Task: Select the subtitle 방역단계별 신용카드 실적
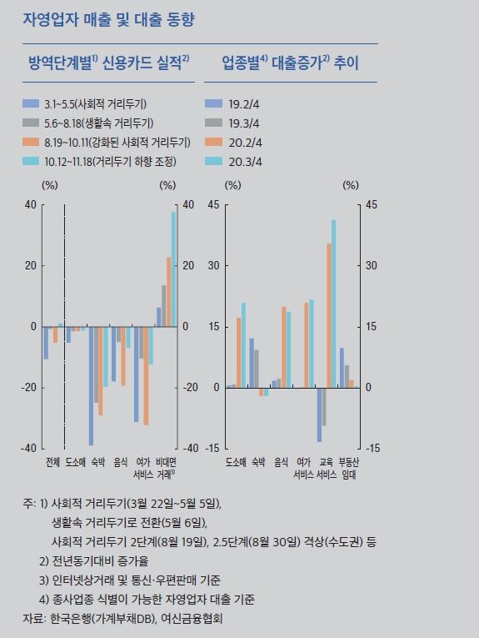tap(109, 63)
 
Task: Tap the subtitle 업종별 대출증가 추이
tap(290, 63)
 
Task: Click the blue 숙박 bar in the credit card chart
tap(92, 385)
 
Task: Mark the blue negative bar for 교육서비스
tap(318, 414)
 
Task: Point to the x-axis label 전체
tap(53, 461)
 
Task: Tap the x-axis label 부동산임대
tap(349, 467)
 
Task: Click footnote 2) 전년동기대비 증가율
tap(93, 560)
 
